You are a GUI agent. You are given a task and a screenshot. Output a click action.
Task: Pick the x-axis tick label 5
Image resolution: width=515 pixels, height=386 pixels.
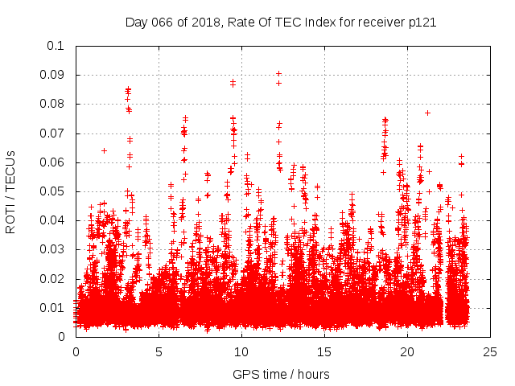(x=159, y=351)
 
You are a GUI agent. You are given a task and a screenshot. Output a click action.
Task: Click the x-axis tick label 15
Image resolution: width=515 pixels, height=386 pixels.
(x=324, y=351)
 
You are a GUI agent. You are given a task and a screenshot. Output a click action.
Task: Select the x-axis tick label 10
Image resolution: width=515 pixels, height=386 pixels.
(x=241, y=351)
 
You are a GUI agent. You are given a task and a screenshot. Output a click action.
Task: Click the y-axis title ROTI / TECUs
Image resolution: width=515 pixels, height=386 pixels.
(x=10, y=191)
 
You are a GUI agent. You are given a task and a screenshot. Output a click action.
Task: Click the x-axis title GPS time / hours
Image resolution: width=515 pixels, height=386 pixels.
(x=281, y=374)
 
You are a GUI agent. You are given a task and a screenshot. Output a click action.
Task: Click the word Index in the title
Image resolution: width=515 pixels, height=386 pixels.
(x=319, y=22)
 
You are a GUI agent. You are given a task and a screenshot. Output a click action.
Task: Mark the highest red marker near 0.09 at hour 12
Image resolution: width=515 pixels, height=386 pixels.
(x=278, y=73)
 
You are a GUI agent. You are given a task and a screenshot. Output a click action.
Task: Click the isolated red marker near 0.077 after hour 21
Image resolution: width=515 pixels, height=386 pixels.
(x=427, y=113)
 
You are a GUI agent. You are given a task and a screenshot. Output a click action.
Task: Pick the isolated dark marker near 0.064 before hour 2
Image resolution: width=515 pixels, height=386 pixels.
(x=104, y=150)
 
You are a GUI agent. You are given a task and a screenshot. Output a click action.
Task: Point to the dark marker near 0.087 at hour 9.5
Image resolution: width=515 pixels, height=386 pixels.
(x=233, y=82)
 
